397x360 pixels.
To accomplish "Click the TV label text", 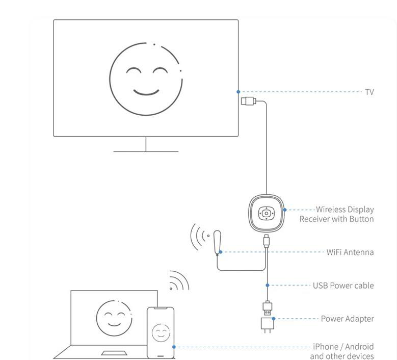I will pyautogui.click(x=369, y=92).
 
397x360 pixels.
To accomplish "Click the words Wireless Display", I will pyautogui.click(x=345, y=210).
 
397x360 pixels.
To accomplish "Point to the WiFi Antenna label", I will pyautogui.click(x=350, y=252).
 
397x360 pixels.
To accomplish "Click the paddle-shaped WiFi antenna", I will pyautogui.click(x=218, y=241).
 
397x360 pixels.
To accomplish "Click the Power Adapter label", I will pyautogui.click(x=347, y=319).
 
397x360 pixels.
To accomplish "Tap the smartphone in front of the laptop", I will pyautogui.click(x=161, y=332).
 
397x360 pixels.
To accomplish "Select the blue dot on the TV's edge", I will pyautogui.click(x=238, y=92).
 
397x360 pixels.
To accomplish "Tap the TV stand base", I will pyautogui.click(x=146, y=151).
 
